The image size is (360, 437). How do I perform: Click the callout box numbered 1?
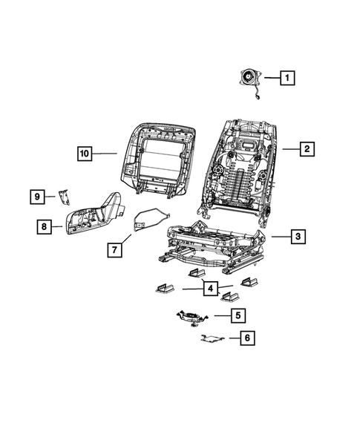pyautogui.click(x=287, y=76)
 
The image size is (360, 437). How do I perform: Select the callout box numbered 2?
pyautogui.click(x=305, y=149)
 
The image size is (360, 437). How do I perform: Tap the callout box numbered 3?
pyautogui.click(x=297, y=237)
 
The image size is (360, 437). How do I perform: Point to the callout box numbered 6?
pyautogui.click(x=248, y=338)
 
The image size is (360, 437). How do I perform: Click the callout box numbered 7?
pyautogui.click(x=114, y=249)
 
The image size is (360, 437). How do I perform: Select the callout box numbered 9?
pyautogui.click(x=36, y=197)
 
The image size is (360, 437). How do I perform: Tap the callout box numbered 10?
pyautogui.click(x=85, y=154)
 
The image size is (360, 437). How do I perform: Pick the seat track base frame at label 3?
pyautogui.click(x=212, y=245)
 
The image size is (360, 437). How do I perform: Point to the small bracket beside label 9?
pyautogui.click(x=63, y=196)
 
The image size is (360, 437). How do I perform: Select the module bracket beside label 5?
pyautogui.click(x=193, y=318)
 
